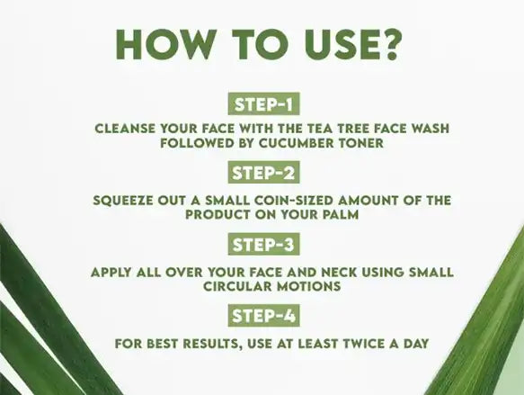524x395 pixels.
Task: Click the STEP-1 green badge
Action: pos(263,104)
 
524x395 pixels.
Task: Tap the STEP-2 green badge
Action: pos(263,173)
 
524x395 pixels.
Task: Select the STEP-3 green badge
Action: pos(263,244)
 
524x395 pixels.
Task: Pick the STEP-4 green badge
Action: pos(263,316)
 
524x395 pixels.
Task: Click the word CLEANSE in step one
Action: pos(125,129)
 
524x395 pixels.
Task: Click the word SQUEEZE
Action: pos(122,201)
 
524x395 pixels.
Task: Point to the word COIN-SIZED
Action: pos(294,201)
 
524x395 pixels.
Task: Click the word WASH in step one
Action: pos(431,129)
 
